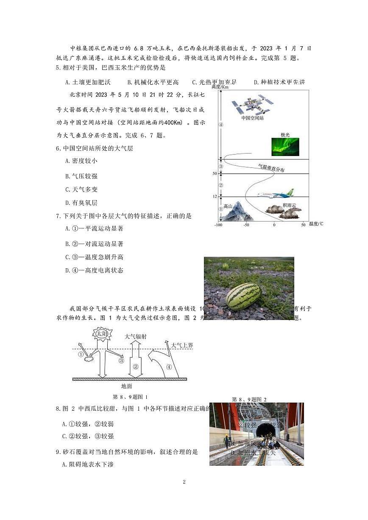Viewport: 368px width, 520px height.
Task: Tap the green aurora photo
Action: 285,147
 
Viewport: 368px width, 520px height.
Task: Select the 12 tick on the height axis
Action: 215,197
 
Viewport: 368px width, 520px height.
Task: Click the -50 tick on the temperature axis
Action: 246,225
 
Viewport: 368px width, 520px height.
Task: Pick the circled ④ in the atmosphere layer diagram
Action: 220,125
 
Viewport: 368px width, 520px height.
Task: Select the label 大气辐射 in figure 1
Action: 135,336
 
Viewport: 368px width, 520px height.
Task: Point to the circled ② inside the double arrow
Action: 136,367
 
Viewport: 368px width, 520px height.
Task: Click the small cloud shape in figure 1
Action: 90,359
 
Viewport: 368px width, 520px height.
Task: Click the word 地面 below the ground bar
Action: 127,386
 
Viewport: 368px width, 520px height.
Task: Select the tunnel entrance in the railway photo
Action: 264,431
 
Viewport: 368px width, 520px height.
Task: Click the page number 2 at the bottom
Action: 184,482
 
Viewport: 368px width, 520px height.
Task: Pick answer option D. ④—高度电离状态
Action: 94,270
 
